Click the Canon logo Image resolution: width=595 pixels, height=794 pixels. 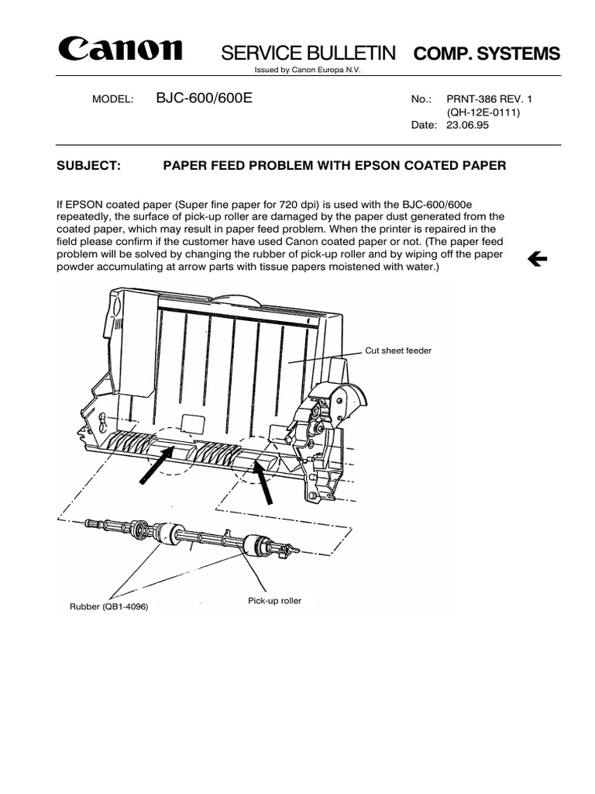coord(119,50)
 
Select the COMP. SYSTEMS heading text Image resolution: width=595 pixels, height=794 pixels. coord(487,54)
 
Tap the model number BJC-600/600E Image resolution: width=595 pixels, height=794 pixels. coord(204,98)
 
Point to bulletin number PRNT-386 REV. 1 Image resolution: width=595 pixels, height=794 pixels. coord(490,99)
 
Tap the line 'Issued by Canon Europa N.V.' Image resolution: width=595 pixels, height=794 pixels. coord(308,70)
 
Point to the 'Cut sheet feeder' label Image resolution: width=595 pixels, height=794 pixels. coord(398,350)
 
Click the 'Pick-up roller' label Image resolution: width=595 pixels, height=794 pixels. coord(274,601)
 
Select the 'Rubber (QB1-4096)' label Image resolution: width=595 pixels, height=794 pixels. coord(108,606)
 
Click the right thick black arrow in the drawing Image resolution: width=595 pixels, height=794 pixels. coord(264,482)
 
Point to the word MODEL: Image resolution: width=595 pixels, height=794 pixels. coord(113,100)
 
